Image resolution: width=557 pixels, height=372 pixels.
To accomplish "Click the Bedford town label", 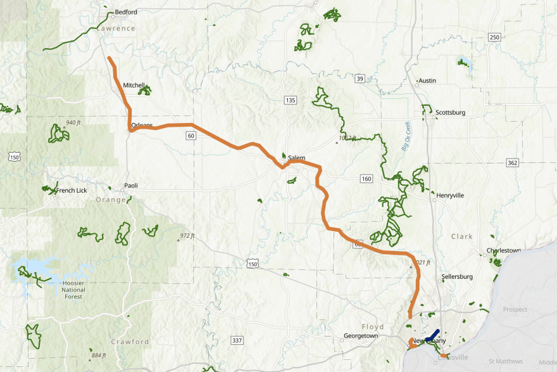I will (x=126, y=12).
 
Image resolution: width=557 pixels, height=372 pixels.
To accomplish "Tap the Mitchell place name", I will (x=134, y=85).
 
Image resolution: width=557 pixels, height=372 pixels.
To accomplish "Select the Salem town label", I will (x=296, y=158).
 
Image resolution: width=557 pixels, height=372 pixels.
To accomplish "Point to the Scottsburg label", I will (x=450, y=113).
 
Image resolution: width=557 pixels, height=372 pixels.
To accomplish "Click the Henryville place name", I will (x=450, y=195).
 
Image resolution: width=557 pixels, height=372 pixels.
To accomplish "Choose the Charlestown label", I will (x=504, y=250).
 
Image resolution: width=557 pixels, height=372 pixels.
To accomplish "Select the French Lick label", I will (x=72, y=191).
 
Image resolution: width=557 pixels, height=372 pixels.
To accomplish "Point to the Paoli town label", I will (x=130, y=186).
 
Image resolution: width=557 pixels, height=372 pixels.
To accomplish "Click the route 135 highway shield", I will (x=291, y=101).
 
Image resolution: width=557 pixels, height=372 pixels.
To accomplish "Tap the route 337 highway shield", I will (x=237, y=341).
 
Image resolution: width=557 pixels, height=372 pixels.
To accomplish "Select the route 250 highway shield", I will (x=494, y=37).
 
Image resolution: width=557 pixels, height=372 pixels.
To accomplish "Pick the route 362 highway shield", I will (x=512, y=163).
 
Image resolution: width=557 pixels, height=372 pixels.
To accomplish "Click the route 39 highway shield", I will (x=360, y=79).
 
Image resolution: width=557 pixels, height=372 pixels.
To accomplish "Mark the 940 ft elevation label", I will (x=75, y=122).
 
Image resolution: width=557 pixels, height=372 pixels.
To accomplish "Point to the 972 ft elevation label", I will (x=185, y=236).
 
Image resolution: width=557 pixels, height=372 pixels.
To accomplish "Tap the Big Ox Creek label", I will (x=406, y=136).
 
